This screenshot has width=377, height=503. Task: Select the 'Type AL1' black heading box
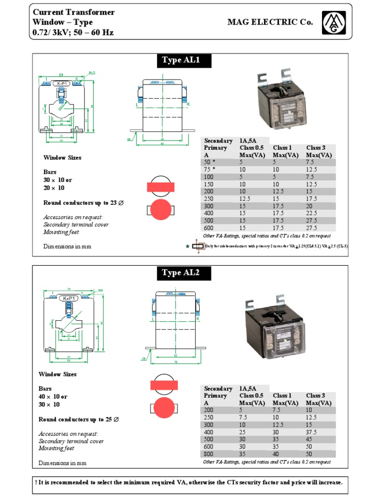[179, 61]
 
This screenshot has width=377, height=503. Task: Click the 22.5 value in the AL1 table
[312, 214]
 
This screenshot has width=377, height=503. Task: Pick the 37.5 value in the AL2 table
[312, 432]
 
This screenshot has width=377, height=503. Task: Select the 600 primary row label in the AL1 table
[209, 228]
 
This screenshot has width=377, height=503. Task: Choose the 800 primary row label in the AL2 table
[209, 454]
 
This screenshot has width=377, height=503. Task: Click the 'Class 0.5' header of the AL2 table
[251, 395]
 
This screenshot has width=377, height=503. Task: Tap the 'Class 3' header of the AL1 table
[316, 148]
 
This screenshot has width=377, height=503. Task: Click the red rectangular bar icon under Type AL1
[161, 187]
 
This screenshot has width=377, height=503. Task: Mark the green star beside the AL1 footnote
[187, 246]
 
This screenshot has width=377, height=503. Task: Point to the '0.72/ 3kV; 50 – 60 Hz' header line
[72, 33]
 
